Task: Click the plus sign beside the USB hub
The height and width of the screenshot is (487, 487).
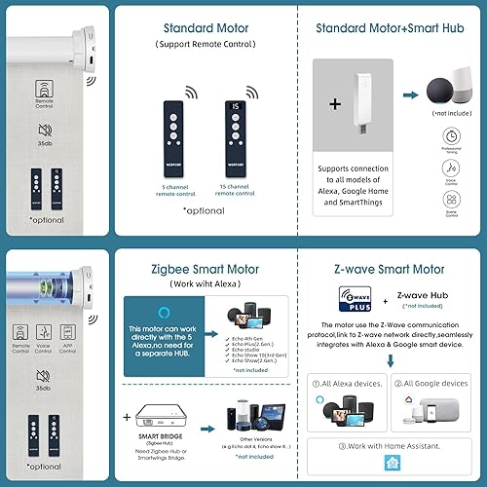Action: point(334,104)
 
